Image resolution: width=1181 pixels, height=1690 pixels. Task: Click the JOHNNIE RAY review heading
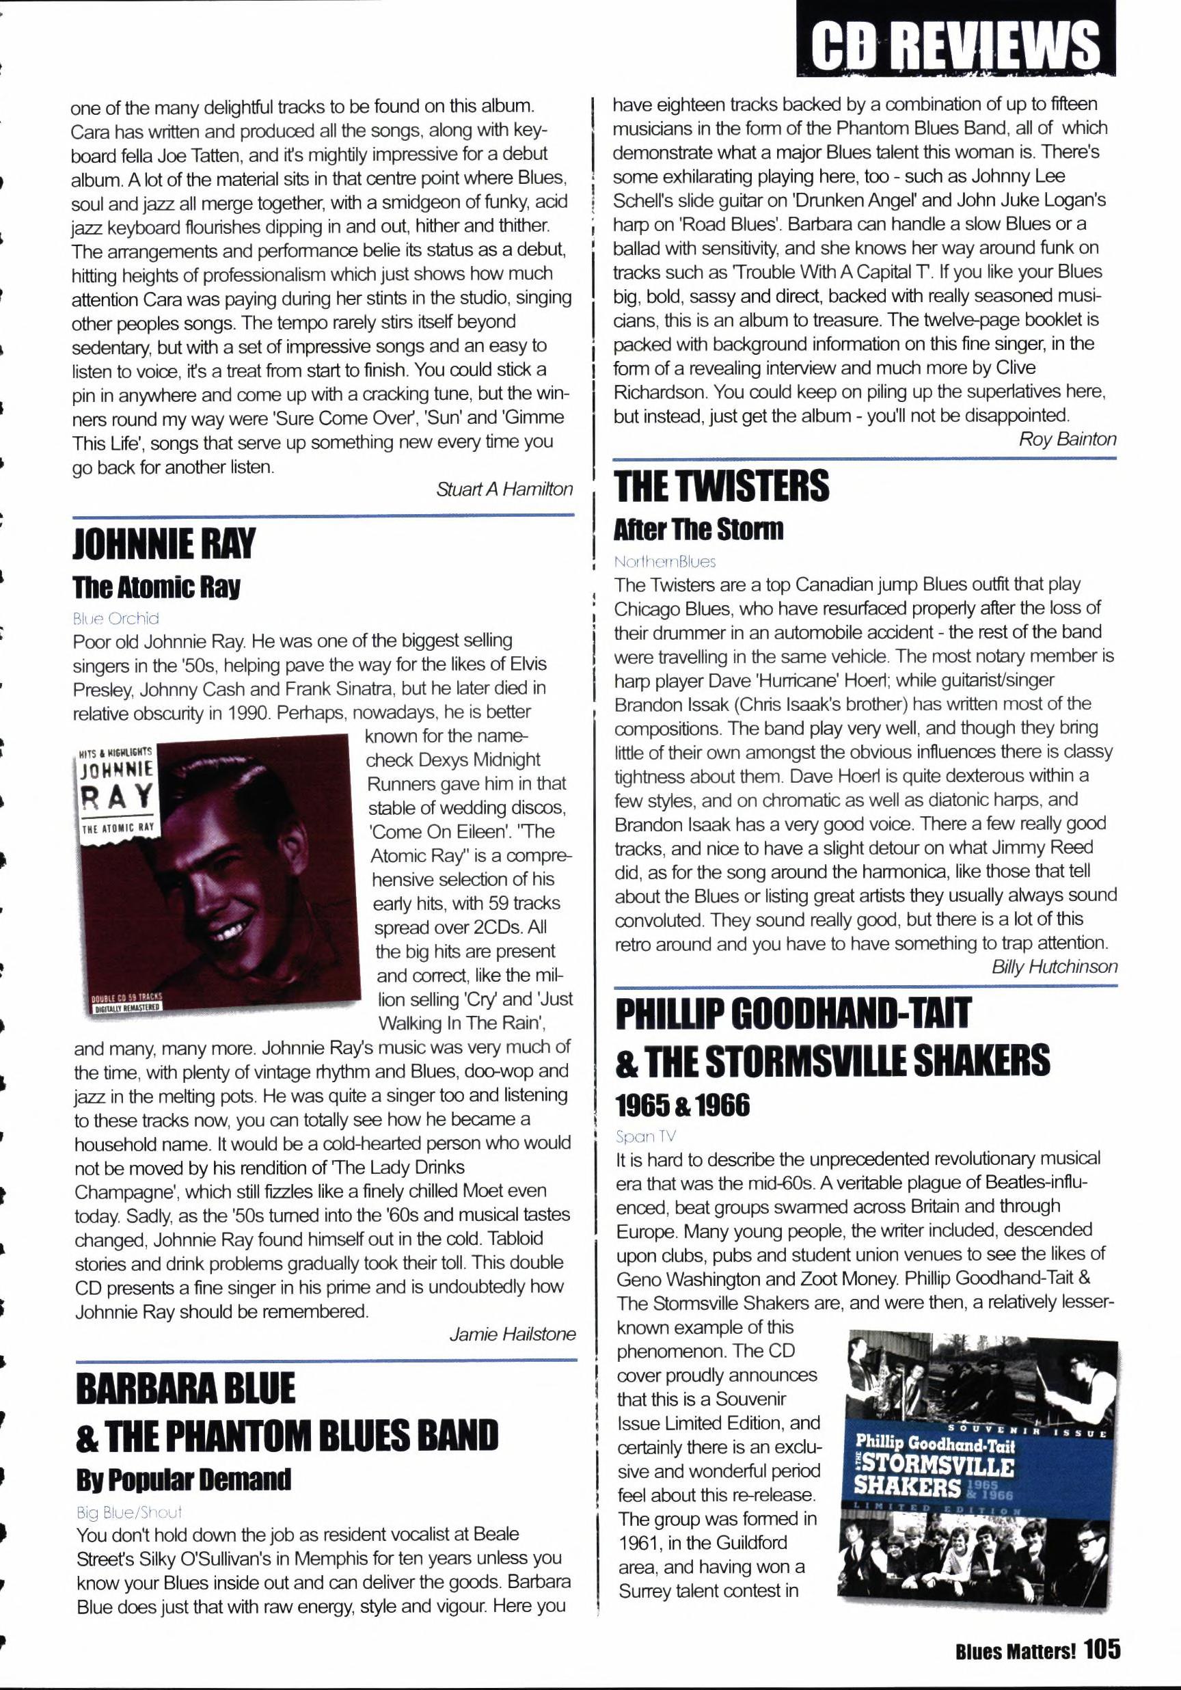[163, 545]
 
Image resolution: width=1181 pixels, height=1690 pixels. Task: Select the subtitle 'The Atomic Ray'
[156, 587]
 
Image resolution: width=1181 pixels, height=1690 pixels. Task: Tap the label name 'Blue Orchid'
[116, 618]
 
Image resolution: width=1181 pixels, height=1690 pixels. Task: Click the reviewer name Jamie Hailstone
[512, 1334]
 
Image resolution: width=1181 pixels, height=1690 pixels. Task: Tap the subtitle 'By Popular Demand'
[183, 1479]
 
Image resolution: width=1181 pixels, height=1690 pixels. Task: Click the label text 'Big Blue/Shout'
[128, 1512]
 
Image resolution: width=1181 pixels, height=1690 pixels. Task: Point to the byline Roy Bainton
[1067, 440]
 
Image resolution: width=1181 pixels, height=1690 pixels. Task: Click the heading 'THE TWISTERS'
[721, 487]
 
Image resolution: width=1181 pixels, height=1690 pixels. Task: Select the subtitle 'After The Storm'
[699, 529]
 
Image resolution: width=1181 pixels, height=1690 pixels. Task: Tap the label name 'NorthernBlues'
[665, 561]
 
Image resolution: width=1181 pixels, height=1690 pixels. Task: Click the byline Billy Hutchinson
[1054, 967]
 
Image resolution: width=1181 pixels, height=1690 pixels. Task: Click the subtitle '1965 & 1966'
[682, 1104]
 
